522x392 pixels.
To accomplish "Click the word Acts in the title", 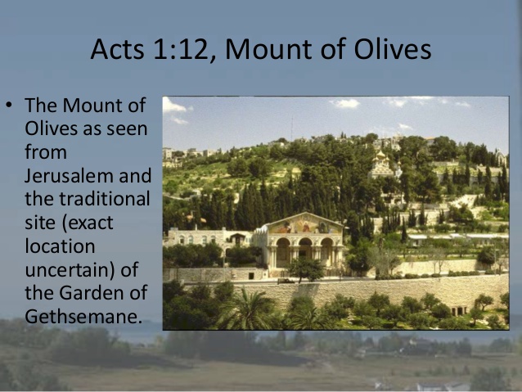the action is [x=117, y=49].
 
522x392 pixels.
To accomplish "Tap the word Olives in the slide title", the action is [x=392, y=49].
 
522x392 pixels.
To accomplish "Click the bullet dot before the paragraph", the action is [x=9, y=106].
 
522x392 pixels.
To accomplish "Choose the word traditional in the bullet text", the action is [x=105, y=199].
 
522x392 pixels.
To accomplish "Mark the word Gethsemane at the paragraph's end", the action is [x=83, y=316].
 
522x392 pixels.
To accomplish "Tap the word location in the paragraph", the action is [x=60, y=246].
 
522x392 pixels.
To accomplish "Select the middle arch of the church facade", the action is [x=304, y=250].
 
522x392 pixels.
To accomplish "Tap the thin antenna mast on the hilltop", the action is [x=292, y=128].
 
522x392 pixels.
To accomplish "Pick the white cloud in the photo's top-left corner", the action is [x=173, y=106].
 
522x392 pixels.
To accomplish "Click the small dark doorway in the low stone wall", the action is [x=250, y=276].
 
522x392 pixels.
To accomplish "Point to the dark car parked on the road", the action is [x=286, y=281].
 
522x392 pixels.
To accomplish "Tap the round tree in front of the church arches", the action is [x=305, y=268].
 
